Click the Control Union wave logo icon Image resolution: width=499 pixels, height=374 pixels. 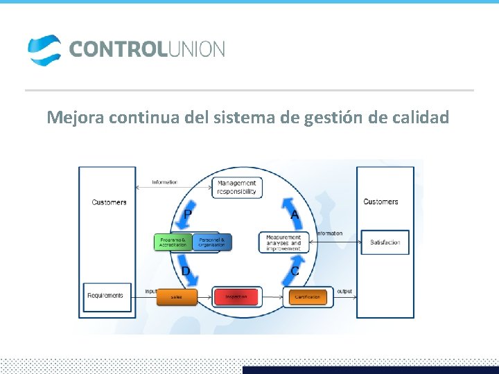[44, 50]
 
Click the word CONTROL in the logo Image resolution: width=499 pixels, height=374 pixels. [114, 49]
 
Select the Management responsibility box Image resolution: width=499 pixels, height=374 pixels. [237, 188]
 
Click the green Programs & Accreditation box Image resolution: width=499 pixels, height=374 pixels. [172, 242]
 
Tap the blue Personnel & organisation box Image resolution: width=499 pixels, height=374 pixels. [211, 242]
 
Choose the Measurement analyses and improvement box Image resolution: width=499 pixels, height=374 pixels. [283, 242]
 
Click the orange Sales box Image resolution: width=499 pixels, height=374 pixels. [176, 296]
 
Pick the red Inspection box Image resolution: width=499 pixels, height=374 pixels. [236, 296]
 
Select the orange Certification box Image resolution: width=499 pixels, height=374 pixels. [307, 296]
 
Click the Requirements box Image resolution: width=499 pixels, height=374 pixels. [105, 296]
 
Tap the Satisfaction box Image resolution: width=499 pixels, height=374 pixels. [385, 242]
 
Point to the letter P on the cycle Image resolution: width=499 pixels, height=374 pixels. [187, 215]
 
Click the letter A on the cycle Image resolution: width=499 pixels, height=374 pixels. [295, 215]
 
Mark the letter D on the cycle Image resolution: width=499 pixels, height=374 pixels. [186, 271]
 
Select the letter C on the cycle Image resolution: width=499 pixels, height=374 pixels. [295, 271]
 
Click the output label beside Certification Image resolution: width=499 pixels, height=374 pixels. [344, 292]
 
